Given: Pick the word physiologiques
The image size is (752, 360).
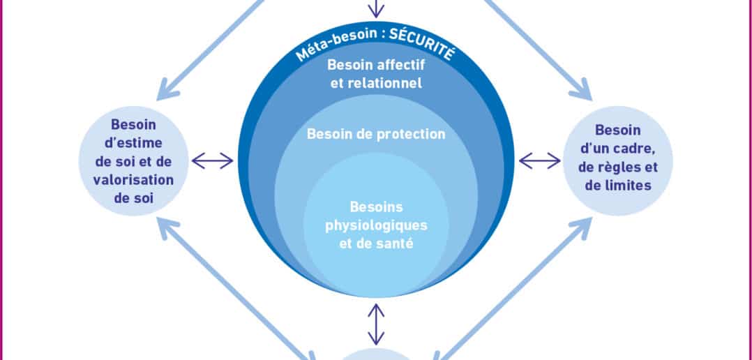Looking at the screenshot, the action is point(377,226).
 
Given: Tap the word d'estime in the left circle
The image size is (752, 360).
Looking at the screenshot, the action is point(133,143).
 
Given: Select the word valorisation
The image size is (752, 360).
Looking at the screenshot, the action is point(133,180).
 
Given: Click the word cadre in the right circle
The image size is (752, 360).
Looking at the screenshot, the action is point(636,149).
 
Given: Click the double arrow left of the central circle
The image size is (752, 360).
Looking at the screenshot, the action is point(213,160).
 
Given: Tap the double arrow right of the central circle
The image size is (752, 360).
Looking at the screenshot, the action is point(539,160).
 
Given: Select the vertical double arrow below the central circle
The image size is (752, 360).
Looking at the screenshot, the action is point(376,324).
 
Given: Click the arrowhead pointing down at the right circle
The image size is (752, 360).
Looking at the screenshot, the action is point(582,90).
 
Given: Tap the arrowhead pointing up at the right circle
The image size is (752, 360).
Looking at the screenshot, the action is point(582,227).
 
